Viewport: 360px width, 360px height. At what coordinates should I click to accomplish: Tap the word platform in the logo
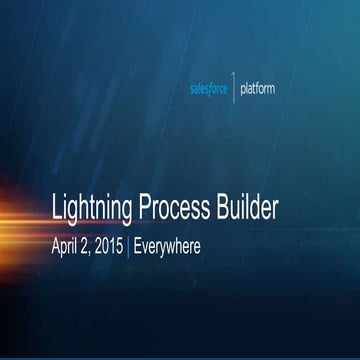257,88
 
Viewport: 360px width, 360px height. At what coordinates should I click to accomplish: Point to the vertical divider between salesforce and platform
234,89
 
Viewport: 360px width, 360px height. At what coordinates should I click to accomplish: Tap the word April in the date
64,243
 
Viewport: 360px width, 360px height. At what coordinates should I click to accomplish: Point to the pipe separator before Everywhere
129,243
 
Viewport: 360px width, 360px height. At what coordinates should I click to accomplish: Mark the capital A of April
55,243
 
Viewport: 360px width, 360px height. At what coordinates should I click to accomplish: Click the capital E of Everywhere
138,243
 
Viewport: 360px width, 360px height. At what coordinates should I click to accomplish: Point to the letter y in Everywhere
166,245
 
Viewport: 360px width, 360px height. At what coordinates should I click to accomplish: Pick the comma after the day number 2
91,248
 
